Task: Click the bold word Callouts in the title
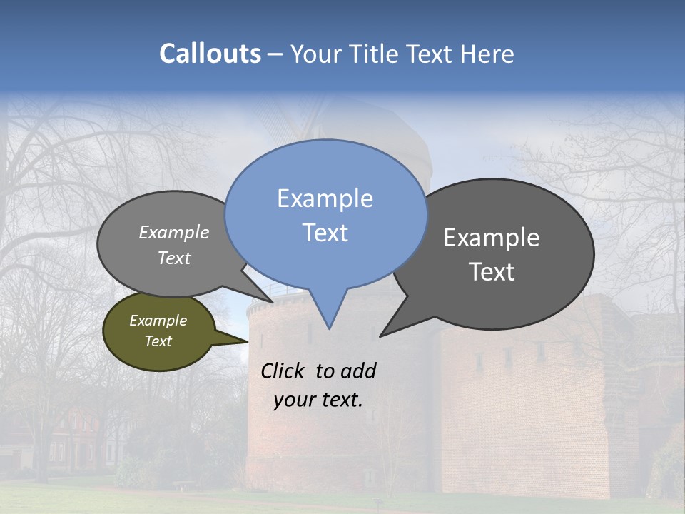pos(210,54)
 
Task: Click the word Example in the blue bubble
pos(325,198)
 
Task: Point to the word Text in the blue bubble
pos(325,233)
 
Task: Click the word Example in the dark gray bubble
pos(492,238)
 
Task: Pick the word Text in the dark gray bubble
pos(492,272)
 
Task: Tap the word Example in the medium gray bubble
pos(174,233)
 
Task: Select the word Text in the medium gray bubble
pos(174,258)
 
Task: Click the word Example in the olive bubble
pos(158,321)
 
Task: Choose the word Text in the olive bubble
pos(158,341)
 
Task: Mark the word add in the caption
pos(358,371)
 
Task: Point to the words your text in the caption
pos(318,400)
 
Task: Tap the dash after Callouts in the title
pos(275,54)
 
